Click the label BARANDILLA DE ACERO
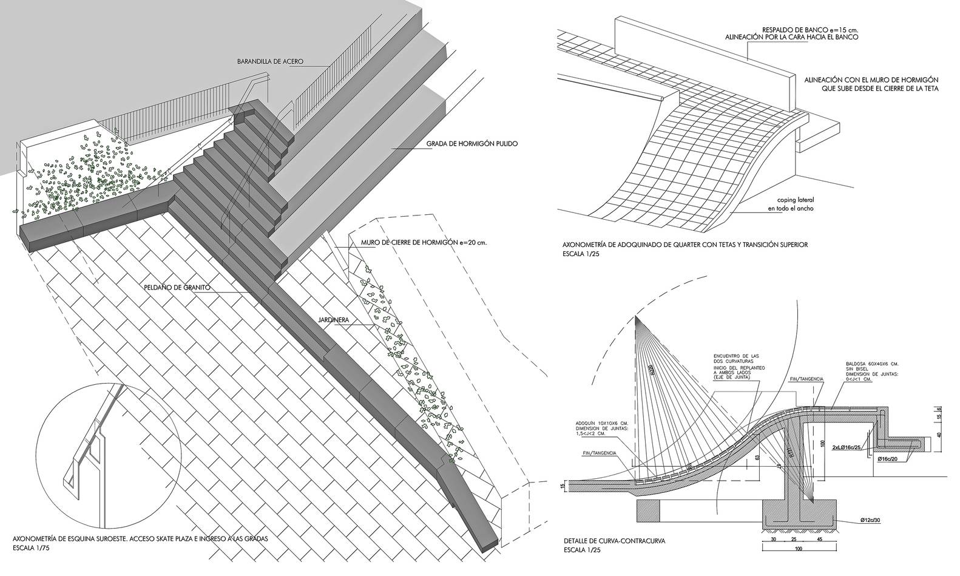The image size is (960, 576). pyautogui.click(x=271, y=61)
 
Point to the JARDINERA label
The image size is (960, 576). pyautogui.click(x=331, y=317)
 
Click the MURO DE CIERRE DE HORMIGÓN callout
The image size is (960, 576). pyautogui.click(x=424, y=243)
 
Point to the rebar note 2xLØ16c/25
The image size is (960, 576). pyautogui.click(x=847, y=447)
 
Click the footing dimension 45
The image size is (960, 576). pyautogui.click(x=819, y=538)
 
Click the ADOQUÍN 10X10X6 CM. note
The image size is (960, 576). pyautogui.click(x=598, y=423)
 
